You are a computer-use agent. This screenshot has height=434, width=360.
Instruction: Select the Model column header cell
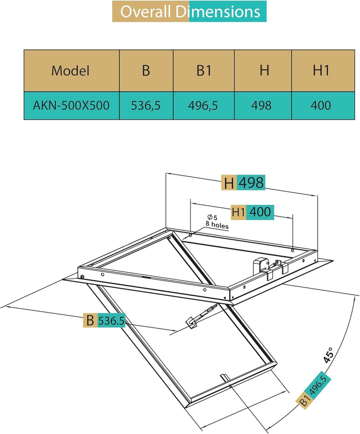coord(71,71)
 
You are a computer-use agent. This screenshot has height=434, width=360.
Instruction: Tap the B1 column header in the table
coord(203,71)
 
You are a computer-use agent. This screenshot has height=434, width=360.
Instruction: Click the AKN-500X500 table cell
coord(71,105)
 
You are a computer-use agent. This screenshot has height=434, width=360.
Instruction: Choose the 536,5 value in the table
coord(146,105)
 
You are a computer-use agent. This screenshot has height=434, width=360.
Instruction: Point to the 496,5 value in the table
coord(203,105)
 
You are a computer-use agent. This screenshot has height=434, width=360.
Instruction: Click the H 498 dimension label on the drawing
coord(243,183)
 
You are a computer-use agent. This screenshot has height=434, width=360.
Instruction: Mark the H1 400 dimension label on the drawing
coord(252,211)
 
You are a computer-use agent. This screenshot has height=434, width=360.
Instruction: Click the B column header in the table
coord(146,71)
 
